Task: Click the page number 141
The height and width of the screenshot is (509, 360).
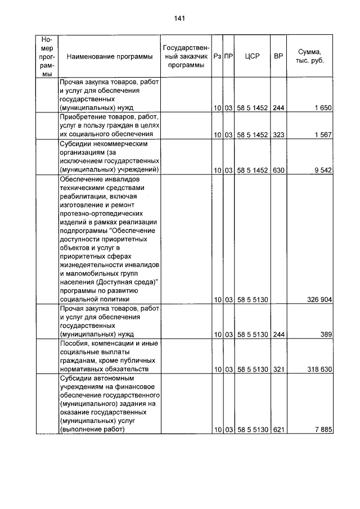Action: pyautogui.click(x=179, y=19)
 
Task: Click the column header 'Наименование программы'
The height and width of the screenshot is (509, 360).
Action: pyautogui.click(x=109, y=57)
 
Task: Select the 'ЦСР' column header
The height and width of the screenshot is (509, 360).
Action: pyautogui.click(x=252, y=57)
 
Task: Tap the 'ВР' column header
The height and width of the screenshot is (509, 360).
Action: pyautogui.click(x=278, y=57)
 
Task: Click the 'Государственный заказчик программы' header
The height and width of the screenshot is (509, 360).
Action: pyautogui.click(x=185, y=57)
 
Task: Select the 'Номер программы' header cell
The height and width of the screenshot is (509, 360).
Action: pyautogui.click(x=47, y=57)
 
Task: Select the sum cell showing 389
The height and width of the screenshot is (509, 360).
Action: pyautogui.click(x=327, y=334)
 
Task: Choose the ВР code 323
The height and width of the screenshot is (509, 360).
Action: pyautogui.click(x=278, y=134)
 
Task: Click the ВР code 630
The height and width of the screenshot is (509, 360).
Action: pyautogui.click(x=278, y=169)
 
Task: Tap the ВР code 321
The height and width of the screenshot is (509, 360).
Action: pyautogui.click(x=278, y=369)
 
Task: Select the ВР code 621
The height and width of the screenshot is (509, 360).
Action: pyautogui.click(x=278, y=430)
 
